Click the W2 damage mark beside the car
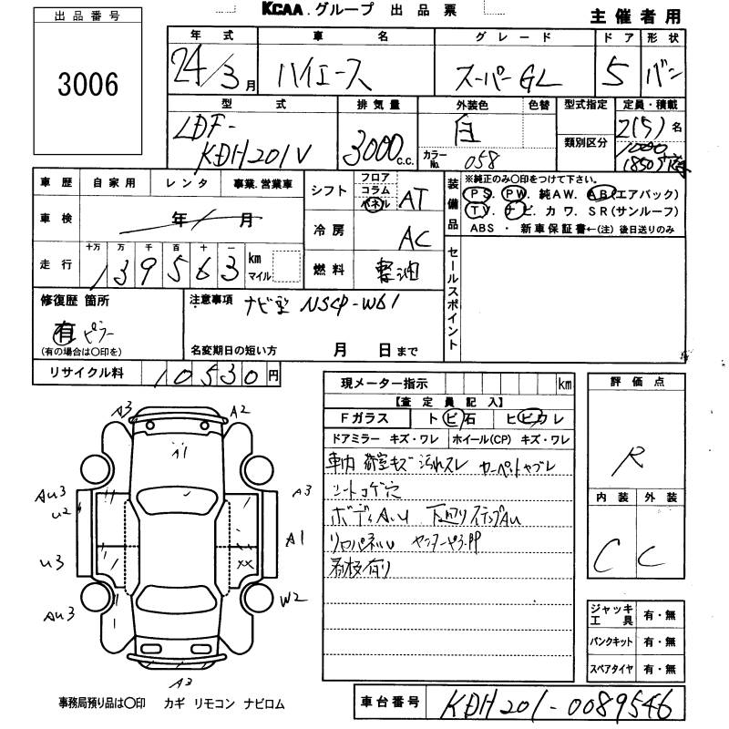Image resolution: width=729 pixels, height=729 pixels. click(x=292, y=599)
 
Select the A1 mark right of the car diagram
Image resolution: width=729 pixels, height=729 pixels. click(x=295, y=539)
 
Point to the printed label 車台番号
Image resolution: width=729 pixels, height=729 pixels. click(x=390, y=702)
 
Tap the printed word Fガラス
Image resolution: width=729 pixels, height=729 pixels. click(x=362, y=418)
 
